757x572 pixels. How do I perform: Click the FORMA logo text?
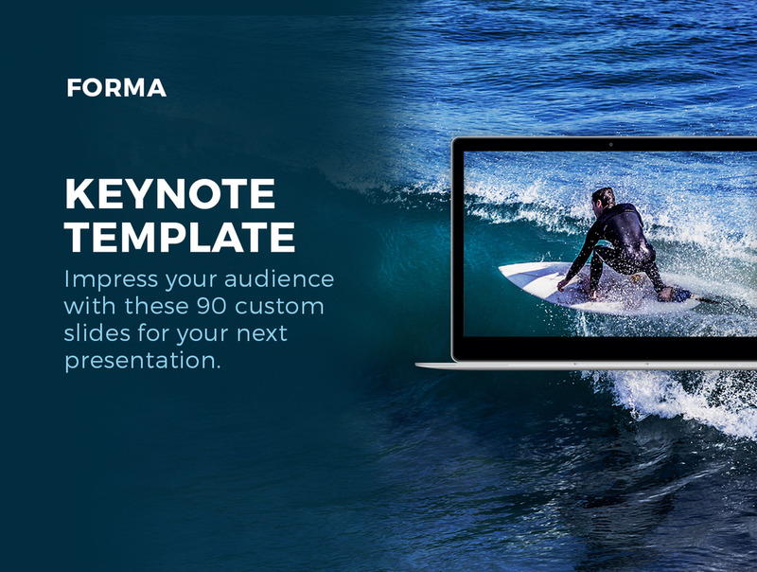[116, 88]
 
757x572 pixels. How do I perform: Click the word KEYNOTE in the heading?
[170, 194]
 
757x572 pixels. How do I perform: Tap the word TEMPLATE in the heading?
[180, 237]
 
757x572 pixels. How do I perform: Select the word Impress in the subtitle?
[111, 279]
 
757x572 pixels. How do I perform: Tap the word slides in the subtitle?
[97, 332]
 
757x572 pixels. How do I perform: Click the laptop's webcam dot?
[610, 145]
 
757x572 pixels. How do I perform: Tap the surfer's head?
[604, 198]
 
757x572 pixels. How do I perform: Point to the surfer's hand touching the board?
[562, 285]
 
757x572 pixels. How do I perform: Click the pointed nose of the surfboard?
[501, 268]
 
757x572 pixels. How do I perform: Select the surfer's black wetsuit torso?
[625, 232]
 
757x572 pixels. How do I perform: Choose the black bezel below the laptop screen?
[609, 348]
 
